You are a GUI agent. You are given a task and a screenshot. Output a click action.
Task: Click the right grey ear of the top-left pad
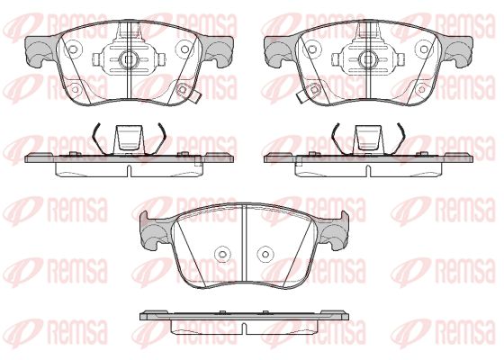coord(219,50)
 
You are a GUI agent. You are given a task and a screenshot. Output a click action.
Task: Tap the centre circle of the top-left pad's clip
coord(129,58)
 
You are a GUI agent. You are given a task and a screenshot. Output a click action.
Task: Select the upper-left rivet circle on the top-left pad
coord(73,49)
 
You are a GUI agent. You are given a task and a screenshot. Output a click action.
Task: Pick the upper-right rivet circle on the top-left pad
coord(184,49)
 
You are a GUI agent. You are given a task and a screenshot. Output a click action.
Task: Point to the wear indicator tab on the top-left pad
coord(196,97)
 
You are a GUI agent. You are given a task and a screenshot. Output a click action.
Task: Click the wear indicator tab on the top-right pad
coord(301,97)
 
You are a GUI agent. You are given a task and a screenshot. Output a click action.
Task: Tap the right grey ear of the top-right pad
coord(458,50)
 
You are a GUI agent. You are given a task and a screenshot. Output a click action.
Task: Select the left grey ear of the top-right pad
coord(279,49)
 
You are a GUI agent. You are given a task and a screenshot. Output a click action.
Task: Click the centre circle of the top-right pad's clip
coord(368,58)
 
